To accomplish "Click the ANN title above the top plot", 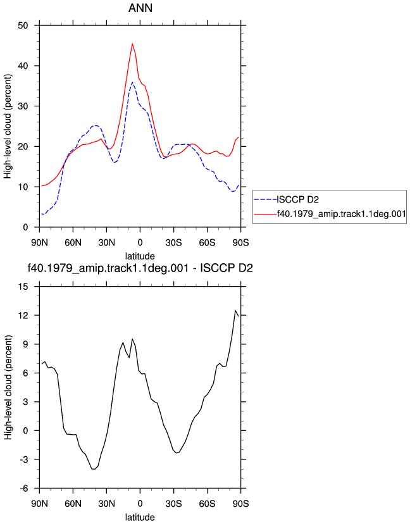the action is [140, 8].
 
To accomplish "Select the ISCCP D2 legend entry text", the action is [298, 199].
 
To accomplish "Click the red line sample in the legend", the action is [265, 213].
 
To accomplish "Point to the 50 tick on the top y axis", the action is [23, 25].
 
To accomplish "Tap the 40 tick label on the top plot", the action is [23, 66].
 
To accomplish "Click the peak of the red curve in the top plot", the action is [132, 44].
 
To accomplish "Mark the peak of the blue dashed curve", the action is [132, 82].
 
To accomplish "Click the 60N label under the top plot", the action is [73, 242].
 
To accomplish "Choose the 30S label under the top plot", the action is [173, 242].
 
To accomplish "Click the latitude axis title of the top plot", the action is [140, 256].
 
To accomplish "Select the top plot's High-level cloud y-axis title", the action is [8, 127].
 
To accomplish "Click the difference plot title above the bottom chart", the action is [140, 268].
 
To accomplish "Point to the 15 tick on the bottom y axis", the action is [23, 287].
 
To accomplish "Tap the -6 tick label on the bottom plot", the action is [23, 488].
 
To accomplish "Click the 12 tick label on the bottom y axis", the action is [23, 315].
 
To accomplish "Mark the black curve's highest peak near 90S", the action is [235, 311].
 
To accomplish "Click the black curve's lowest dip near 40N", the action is [93, 469].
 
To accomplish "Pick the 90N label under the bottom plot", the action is [39, 503].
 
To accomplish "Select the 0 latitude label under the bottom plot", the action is [140, 503].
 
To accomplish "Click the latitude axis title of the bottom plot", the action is [140, 517].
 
